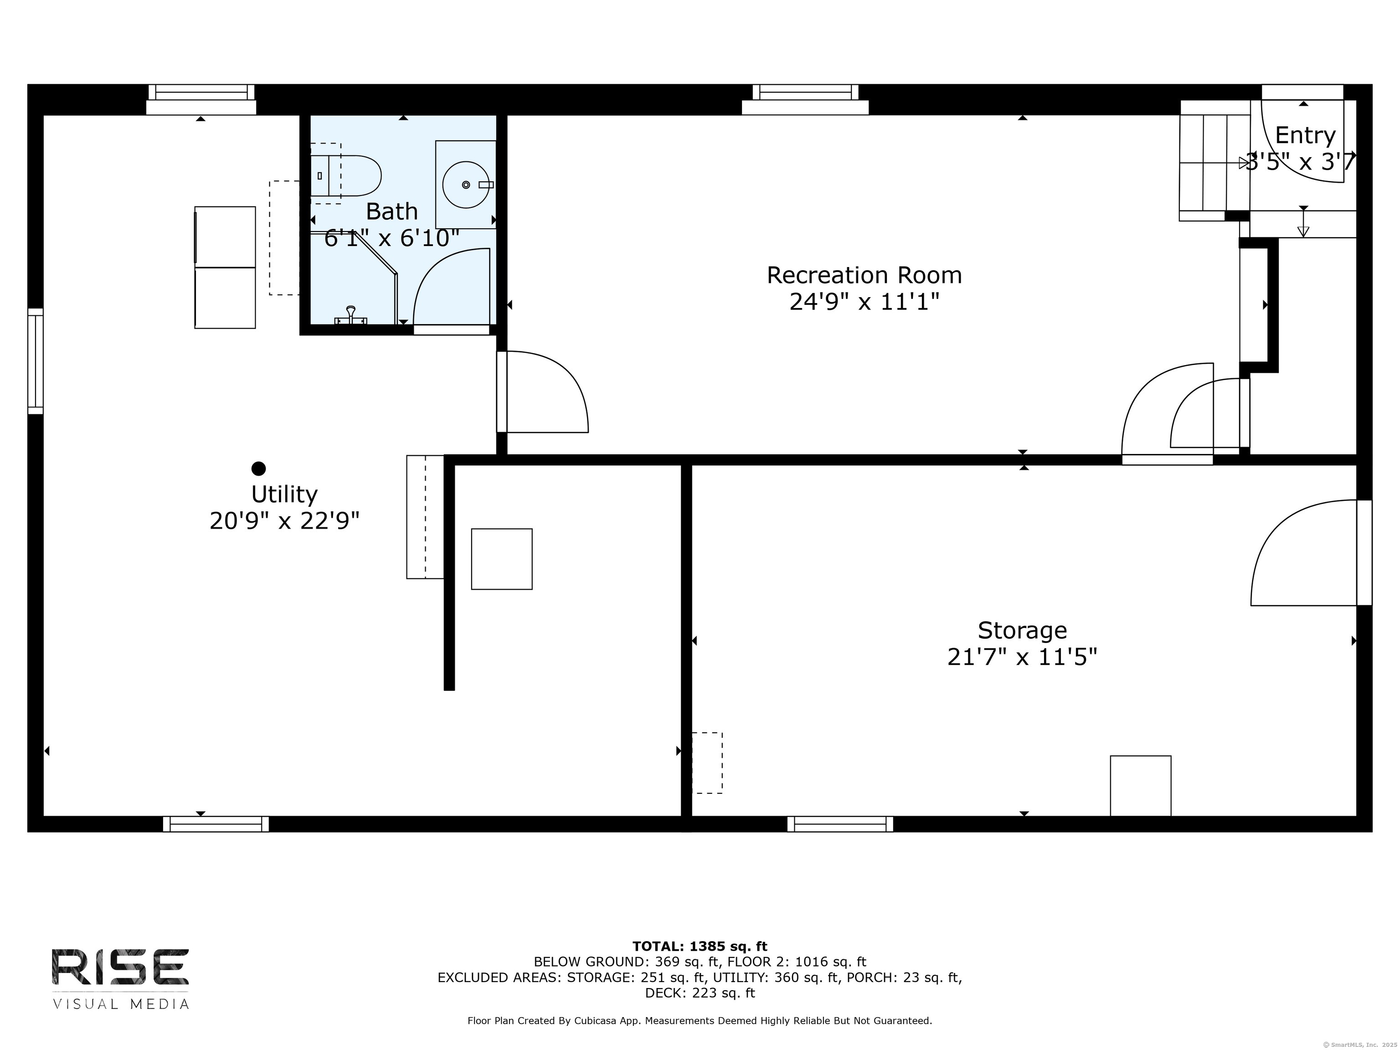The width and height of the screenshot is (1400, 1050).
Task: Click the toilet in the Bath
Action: click(x=345, y=175)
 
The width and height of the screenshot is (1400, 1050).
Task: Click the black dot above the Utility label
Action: click(x=258, y=468)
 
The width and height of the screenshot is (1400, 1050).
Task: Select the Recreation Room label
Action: click(x=864, y=275)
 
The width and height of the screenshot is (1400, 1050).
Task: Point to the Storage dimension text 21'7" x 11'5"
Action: click(x=1022, y=657)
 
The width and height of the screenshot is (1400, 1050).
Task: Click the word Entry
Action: click(x=1305, y=135)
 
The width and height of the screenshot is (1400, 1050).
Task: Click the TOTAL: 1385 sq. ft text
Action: click(x=700, y=946)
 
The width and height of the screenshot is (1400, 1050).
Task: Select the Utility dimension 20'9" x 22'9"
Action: click(x=285, y=521)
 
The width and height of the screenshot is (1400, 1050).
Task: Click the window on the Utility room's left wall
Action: click(x=36, y=361)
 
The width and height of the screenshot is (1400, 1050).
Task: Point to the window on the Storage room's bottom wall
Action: click(x=840, y=824)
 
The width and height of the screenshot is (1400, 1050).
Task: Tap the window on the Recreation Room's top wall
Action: click(x=805, y=100)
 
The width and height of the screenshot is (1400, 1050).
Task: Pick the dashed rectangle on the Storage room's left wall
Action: click(x=707, y=762)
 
